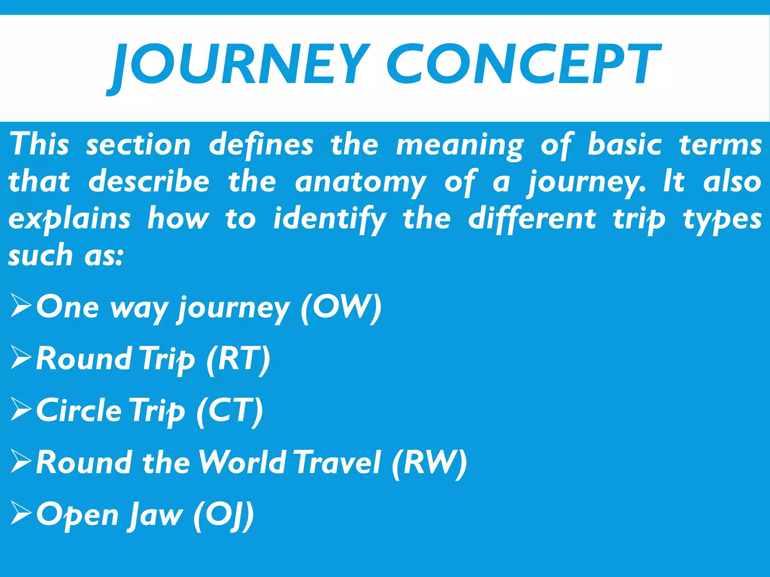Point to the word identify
point(329,219)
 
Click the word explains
point(70,219)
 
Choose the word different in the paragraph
point(532,219)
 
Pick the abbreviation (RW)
point(429,463)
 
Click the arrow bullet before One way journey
point(21,306)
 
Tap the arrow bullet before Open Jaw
point(21,513)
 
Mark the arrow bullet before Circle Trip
point(21,409)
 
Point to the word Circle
point(79,411)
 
